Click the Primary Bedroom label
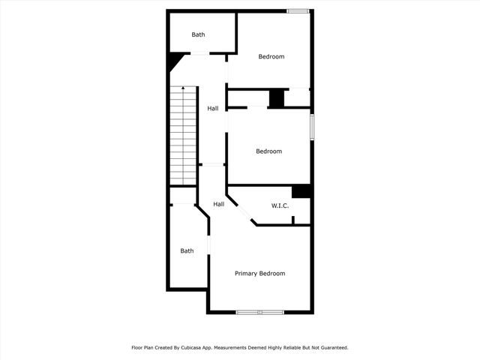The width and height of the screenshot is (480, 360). (x=259, y=274)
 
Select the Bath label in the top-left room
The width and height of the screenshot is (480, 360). (x=198, y=34)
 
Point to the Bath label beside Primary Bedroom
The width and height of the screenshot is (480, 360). (x=187, y=251)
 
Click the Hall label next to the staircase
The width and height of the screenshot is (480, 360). (x=213, y=109)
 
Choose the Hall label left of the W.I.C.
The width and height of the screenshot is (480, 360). (x=218, y=204)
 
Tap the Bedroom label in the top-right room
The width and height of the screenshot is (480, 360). (x=271, y=57)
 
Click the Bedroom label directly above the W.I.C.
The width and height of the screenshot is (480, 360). (x=268, y=151)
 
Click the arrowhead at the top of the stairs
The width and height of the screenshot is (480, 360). (x=184, y=88)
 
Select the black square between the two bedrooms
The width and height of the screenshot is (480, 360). (x=277, y=98)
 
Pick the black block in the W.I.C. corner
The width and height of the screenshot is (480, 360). (x=301, y=191)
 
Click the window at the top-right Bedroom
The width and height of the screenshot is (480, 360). (x=298, y=10)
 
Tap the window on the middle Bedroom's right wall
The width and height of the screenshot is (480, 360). (x=312, y=126)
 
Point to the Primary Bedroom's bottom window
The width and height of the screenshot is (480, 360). (x=259, y=312)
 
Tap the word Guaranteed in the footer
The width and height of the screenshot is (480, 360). (x=333, y=348)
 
